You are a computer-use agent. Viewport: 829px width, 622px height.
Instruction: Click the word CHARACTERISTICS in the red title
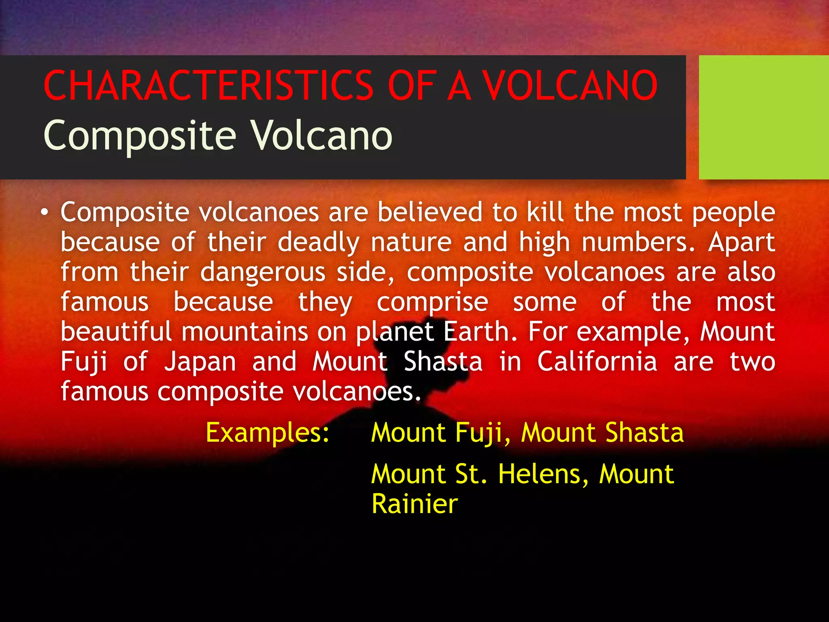point(208,85)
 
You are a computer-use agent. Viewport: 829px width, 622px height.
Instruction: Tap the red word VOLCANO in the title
point(571,85)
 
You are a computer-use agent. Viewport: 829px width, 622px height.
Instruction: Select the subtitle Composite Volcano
point(218,135)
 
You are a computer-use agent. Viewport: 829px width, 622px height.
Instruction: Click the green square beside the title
point(763,117)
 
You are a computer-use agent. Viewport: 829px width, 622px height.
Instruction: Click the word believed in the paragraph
point(430,212)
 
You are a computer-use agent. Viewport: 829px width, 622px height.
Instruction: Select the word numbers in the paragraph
point(638,242)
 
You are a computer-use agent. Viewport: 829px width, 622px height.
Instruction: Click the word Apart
point(742,242)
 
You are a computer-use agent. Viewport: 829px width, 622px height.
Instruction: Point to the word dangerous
point(263,272)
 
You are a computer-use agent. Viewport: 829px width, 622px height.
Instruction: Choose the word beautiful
point(116,332)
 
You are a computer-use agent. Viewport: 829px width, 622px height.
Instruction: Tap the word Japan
point(200,362)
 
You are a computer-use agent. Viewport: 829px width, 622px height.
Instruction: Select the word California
point(597,362)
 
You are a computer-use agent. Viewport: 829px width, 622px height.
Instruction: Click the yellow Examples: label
point(268,433)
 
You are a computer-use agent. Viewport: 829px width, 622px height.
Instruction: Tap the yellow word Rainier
point(414,504)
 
